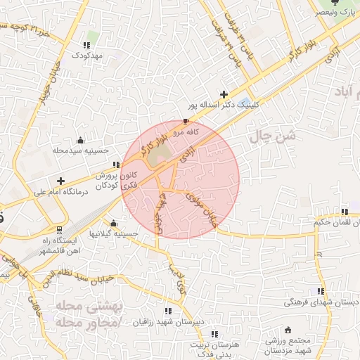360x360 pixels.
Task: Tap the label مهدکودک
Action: (87, 55)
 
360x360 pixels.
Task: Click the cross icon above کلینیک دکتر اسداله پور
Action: (224, 94)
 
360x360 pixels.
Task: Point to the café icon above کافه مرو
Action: (186, 122)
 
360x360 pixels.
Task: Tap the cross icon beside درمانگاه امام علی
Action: (60, 181)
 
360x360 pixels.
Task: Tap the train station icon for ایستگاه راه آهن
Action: (58, 229)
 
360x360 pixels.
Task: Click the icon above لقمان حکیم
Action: (344, 212)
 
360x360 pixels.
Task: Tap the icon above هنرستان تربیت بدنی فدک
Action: (214, 333)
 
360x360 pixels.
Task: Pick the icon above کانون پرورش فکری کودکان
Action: (116, 165)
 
